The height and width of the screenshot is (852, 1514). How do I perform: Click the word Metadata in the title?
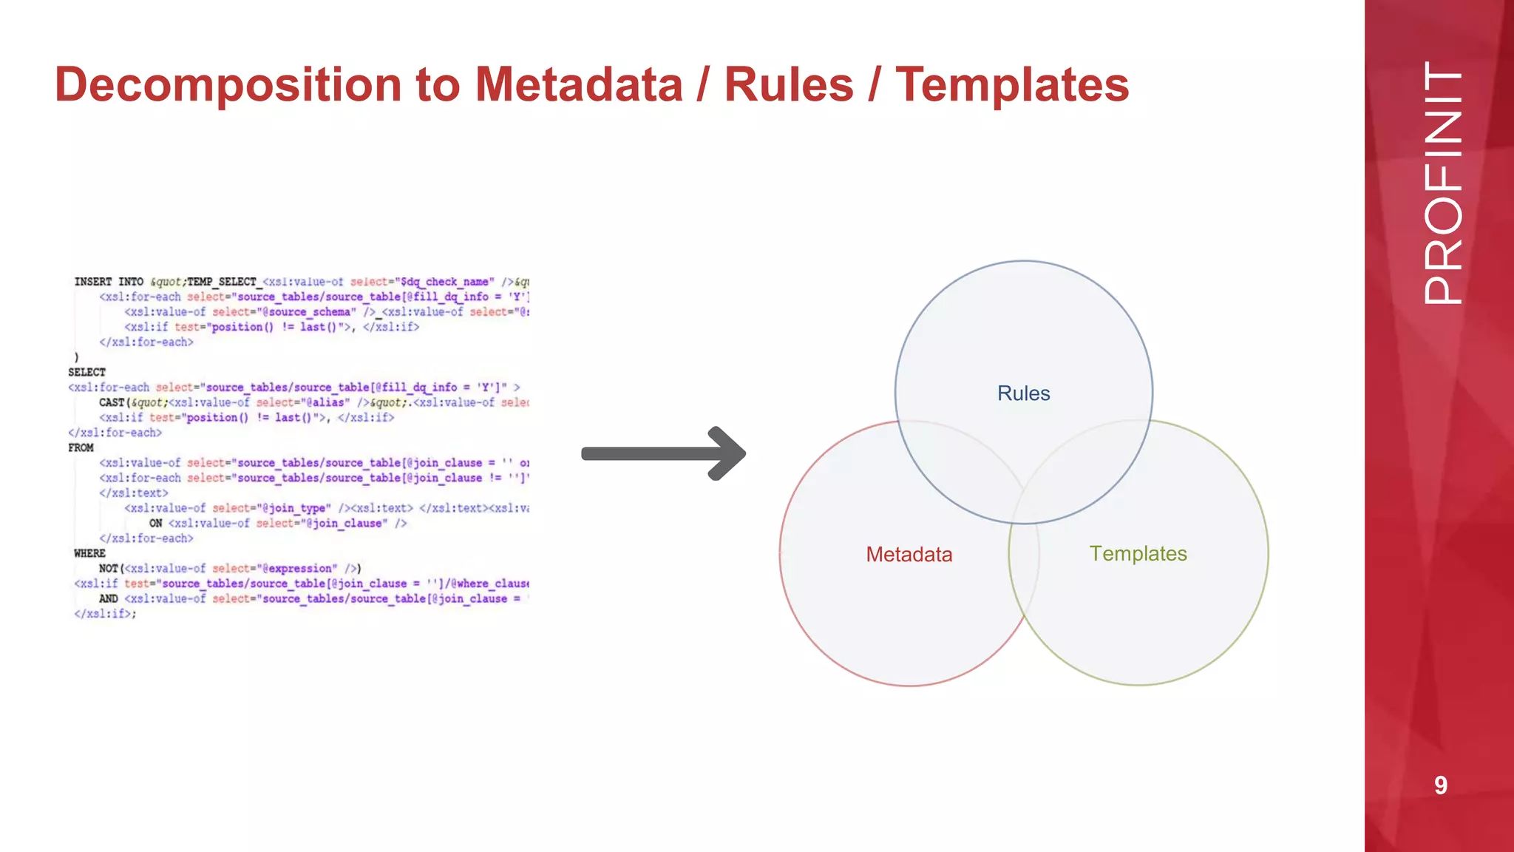click(578, 85)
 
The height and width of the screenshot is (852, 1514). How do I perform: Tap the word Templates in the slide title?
click(1012, 85)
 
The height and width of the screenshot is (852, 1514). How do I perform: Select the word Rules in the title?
click(789, 85)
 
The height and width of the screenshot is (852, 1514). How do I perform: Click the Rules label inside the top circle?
click(1023, 393)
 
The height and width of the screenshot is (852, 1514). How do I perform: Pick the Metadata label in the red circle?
click(909, 555)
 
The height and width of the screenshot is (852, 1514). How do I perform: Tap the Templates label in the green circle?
click(1138, 554)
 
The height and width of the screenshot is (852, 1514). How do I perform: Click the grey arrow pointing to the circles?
click(663, 453)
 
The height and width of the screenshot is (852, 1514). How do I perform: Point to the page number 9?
click(1440, 785)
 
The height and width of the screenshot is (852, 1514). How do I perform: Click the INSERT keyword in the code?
click(93, 282)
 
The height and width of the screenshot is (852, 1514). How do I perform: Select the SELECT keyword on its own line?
click(87, 372)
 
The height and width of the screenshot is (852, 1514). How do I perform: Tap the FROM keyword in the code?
click(81, 447)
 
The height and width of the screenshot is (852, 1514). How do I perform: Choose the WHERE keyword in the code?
click(89, 553)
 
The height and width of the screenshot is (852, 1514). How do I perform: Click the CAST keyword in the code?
click(112, 402)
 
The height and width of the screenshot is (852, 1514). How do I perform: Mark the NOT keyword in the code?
click(109, 568)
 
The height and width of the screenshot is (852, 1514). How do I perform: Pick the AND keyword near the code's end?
click(109, 598)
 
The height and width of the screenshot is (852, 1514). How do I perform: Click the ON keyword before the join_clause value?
click(156, 523)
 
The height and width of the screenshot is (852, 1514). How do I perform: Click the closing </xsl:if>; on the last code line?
click(105, 614)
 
